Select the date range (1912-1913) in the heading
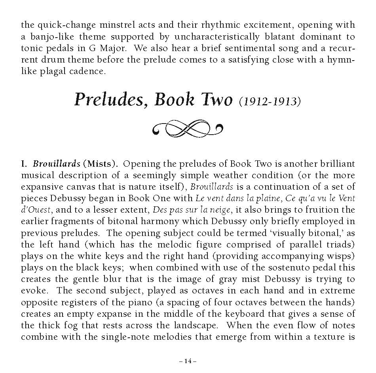(x=270, y=101)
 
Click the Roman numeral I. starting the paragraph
(x=23, y=164)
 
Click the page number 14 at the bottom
(x=188, y=361)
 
